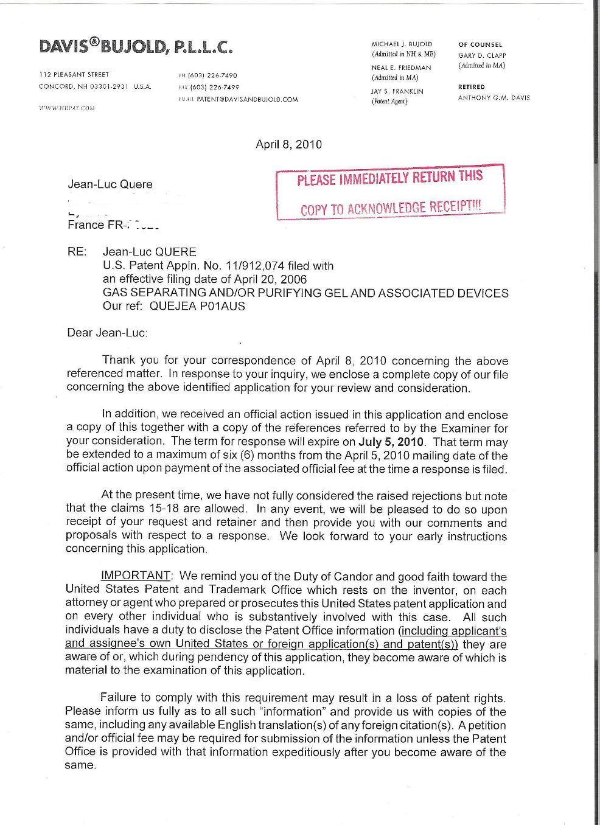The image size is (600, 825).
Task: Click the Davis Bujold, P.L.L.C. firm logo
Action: click(x=135, y=46)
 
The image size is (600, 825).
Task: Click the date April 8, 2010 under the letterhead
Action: click(x=288, y=145)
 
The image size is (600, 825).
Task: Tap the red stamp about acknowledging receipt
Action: click(x=390, y=192)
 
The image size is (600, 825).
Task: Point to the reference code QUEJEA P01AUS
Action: click(x=207, y=307)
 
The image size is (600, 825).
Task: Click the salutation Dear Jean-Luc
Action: click(x=107, y=333)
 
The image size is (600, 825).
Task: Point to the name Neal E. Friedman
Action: click(x=401, y=68)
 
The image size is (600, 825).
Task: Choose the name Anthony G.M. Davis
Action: click(x=494, y=98)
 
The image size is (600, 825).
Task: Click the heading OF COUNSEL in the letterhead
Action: click(x=480, y=44)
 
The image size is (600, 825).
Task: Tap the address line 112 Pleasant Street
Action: click(x=74, y=75)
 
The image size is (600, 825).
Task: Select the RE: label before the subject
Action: click(x=77, y=252)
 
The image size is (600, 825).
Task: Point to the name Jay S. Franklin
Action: click(x=397, y=91)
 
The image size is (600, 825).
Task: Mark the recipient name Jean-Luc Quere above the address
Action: click(x=110, y=184)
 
